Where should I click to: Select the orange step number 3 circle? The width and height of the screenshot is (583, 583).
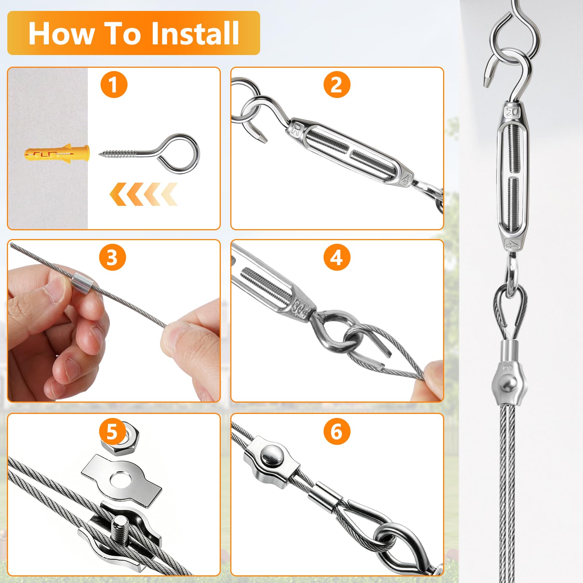pos(112,258)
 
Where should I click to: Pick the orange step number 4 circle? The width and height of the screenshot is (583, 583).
pos(337,258)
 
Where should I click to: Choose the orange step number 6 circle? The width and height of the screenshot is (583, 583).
pos(337,432)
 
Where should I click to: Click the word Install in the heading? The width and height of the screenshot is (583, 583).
pos(195,33)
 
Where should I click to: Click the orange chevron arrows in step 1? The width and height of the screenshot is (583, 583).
pos(143,194)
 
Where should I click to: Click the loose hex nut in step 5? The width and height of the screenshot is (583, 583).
pos(125,439)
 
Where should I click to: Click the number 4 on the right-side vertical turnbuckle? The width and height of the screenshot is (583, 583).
pos(512,244)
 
